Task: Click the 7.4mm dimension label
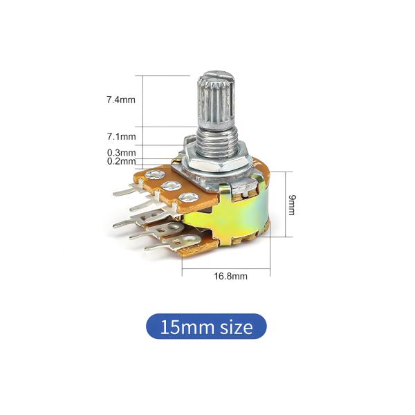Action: (x=121, y=100)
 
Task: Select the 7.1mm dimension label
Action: (x=121, y=137)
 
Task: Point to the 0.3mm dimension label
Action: (x=121, y=153)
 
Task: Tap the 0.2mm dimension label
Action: (x=121, y=161)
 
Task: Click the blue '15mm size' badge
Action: (x=206, y=326)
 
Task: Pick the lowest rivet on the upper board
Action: (x=185, y=199)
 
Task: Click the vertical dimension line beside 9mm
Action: (x=282, y=204)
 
